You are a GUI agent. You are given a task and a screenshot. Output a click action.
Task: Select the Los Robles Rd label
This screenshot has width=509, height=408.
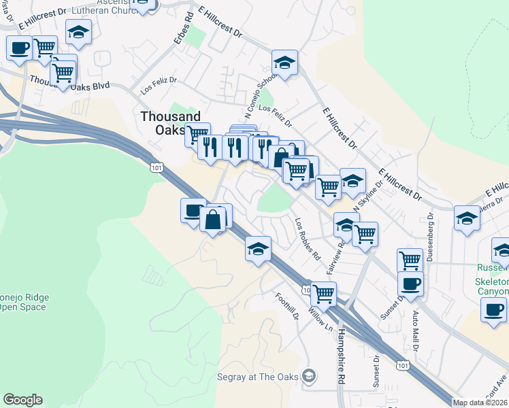tap(307, 239)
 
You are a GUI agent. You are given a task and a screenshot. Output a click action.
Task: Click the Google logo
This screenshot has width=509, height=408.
tap(22, 400)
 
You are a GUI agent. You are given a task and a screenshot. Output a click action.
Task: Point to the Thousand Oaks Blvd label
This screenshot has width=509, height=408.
tap(70, 83)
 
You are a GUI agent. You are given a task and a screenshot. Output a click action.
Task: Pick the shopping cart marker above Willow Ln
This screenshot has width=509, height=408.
tap(323, 294)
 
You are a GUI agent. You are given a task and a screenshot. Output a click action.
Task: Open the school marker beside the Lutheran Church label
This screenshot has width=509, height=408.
tap(79, 31)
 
